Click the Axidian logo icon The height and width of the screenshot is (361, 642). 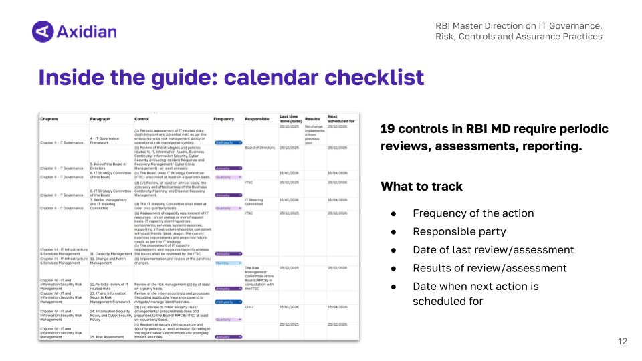(43, 31)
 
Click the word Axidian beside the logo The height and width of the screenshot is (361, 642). (87, 31)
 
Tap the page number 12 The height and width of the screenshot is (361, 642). (623, 342)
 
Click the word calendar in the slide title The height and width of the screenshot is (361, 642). (280, 77)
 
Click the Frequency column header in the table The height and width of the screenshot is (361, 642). (224, 119)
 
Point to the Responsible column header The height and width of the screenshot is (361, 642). (257, 119)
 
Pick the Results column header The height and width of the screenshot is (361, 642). (312, 119)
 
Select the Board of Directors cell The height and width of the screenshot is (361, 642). (260, 148)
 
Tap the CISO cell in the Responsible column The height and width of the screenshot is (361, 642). (249, 308)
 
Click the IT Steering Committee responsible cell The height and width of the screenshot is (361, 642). (254, 201)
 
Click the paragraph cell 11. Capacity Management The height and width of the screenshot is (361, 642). (111, 254)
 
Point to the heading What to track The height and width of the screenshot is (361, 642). (421, 187)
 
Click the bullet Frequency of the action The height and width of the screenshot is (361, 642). (473, 214)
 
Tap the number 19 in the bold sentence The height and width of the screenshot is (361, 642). (387, 128)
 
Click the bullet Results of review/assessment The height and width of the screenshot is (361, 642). (490, 268)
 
